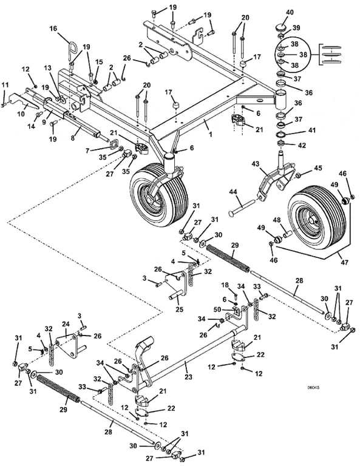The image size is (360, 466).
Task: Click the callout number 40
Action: click(290, 12)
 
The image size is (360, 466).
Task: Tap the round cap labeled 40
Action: click(279, 28)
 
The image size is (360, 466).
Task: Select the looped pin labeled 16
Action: click(70, 52)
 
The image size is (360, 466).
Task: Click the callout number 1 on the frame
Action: click(211, 135)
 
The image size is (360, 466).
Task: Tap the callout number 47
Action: click(345, 262)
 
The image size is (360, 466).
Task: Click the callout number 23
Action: click(188, 377)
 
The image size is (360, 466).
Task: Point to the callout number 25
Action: click(179, 309)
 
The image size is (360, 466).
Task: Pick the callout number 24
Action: click(66, 323)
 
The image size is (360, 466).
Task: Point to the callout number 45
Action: click(318, 168)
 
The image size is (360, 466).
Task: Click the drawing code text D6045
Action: click(311, 387)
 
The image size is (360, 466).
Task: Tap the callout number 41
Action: click(312, 130)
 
